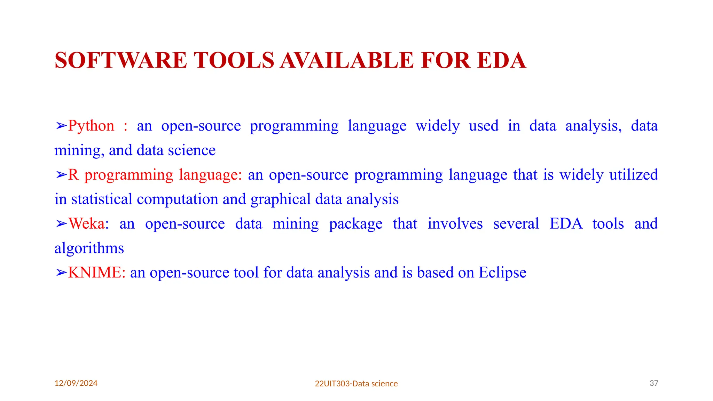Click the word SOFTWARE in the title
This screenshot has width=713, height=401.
121,60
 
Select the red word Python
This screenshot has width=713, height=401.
91,126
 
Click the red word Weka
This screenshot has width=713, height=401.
86,224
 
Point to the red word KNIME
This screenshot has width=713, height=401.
96,273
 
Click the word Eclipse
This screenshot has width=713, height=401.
502,273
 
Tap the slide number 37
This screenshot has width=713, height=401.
654,383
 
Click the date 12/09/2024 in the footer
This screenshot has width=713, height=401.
76,383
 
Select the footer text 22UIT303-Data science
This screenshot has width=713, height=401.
356,384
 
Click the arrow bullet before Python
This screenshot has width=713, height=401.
61,126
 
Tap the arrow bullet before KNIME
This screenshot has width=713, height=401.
61,273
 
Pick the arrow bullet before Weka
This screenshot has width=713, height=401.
61,224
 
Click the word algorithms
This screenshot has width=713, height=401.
89,248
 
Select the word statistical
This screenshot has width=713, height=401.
102,199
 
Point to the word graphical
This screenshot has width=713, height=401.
280,199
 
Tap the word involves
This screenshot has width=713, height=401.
455,224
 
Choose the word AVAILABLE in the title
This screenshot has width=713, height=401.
347,60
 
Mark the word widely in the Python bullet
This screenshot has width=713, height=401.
438,126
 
